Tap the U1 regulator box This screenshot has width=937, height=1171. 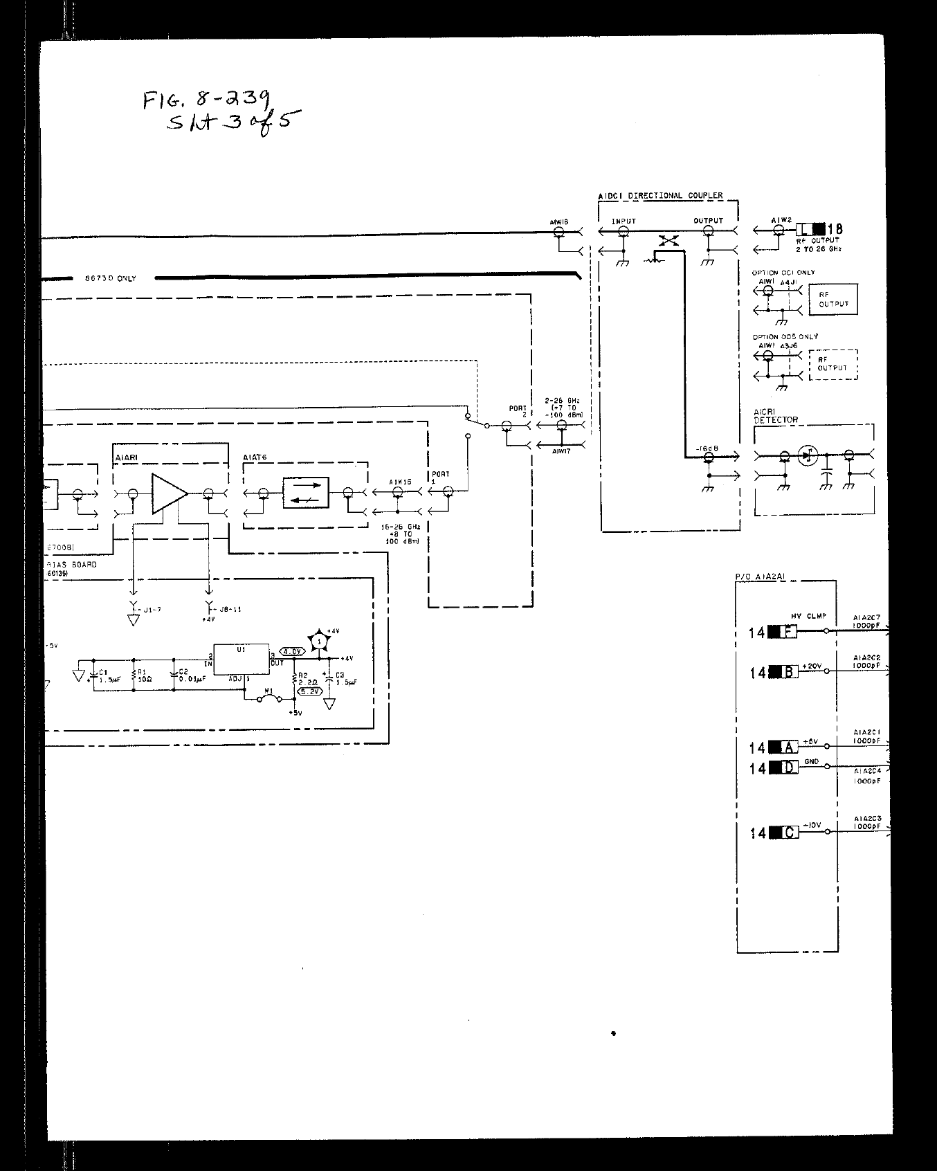click(x=240, y=660)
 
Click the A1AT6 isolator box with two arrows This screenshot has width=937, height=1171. click(x=305, y=493)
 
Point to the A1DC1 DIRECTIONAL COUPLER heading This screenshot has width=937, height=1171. click(x=660, y=196)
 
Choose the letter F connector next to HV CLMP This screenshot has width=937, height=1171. click(x=788, y=631)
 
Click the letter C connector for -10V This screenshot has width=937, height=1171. click(x=788, y=832)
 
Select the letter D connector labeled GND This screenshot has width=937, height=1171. click(x=788, y=767)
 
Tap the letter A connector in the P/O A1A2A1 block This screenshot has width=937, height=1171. click(x=788, y=747)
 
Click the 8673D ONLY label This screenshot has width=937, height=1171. click(x=111, y=278)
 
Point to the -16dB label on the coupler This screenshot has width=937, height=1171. click(x=707, y=448)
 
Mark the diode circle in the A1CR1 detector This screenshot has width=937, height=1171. click(x=807, y=455)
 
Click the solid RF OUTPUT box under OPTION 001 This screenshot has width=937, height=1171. click(x=833, y=299)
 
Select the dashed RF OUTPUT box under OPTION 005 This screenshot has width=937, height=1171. click(x=833, y=364)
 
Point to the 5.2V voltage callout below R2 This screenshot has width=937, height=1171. click(x=307, y=691)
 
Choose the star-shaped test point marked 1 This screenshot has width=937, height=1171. click(x=319, y=641)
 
